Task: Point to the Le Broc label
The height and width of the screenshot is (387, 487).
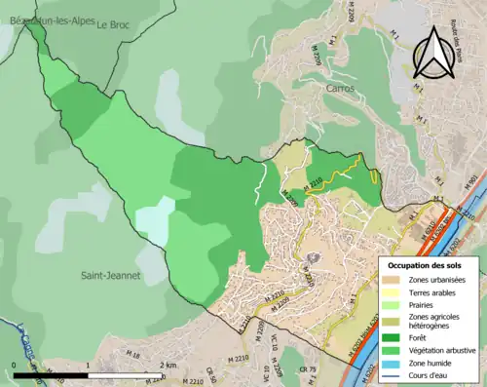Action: click(113, 25)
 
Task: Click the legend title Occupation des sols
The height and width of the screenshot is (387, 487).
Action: click(426, 265)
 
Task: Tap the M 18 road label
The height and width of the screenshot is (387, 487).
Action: click(134, 356)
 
